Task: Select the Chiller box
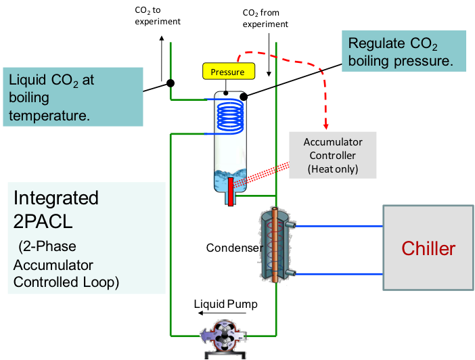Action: click(428, 248)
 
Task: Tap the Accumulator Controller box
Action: click(332, 156)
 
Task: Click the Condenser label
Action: click(232, 248)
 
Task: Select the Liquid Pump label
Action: click(225, 304)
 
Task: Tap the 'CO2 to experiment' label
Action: click(157, 16)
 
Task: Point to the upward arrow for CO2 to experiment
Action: click(161, 54)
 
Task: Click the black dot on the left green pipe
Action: click(171, 83)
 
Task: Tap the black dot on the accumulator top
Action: click(244, 96)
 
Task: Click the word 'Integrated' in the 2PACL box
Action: click(56, 198)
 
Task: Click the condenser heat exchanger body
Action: click(276, 244)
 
